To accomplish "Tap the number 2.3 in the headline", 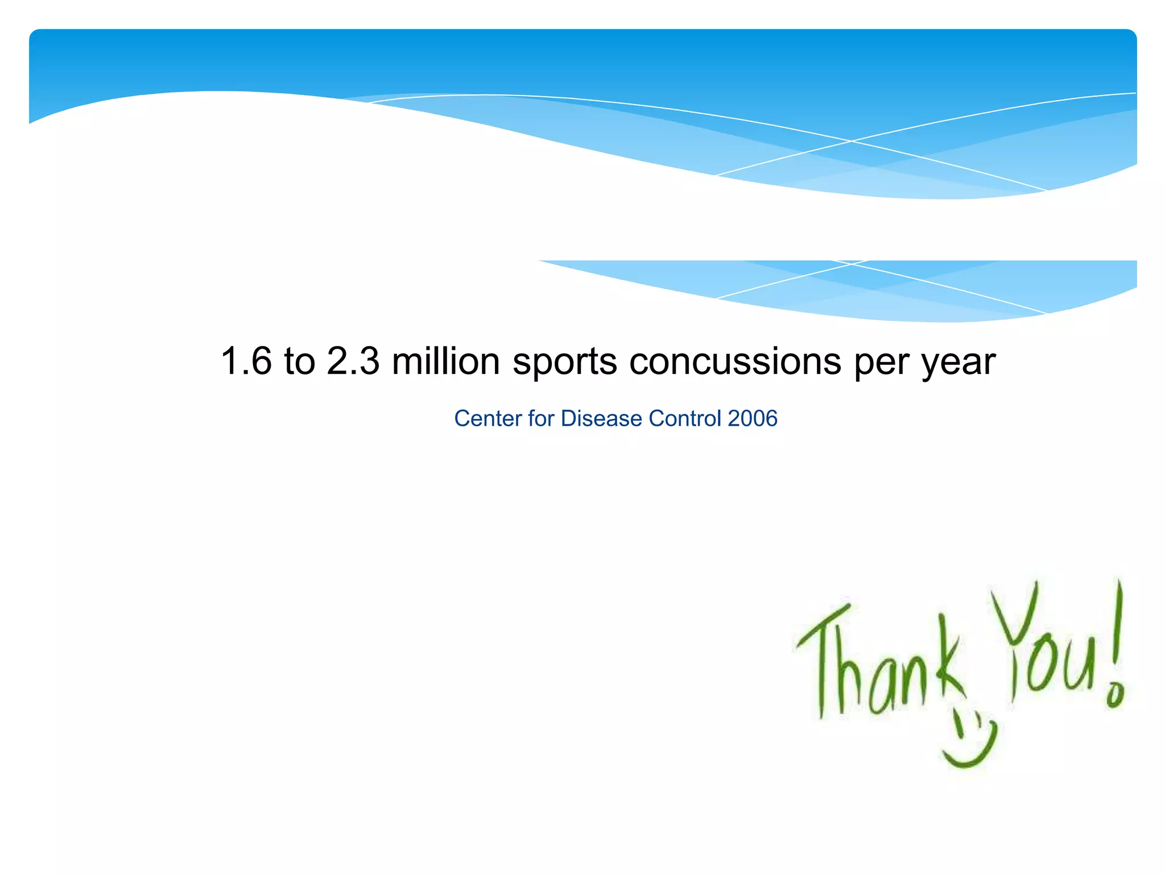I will tap(353, 361).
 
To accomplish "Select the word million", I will tap(446, 361).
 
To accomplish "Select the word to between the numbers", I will tap(299, 361).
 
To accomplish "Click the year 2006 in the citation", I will tap(752, 418).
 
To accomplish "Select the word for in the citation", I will tap(541, 418).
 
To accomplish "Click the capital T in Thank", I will tap(822, 654).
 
